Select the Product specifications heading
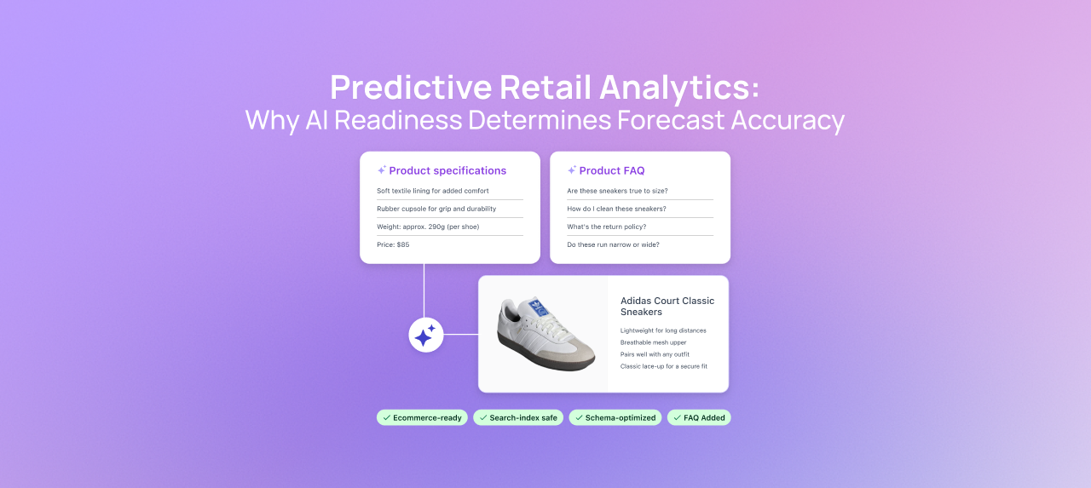[447, 170]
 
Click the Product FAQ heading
[611, 170]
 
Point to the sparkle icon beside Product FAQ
[572, 170]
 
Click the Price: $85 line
[393, 244]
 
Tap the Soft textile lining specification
[433, 191]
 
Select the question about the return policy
[606, 227]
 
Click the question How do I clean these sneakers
[616, 209]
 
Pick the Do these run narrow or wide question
[613, 244]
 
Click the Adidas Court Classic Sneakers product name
[667, 307]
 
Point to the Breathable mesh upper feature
[653, 342]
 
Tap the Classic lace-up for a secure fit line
[663, 366]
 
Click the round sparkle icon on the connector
[425, 335]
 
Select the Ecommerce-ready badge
[422, 417]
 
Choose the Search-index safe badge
[518, 417]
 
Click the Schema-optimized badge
[615, 417]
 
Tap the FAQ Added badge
[699, 417]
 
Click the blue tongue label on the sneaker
[536, 306]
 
